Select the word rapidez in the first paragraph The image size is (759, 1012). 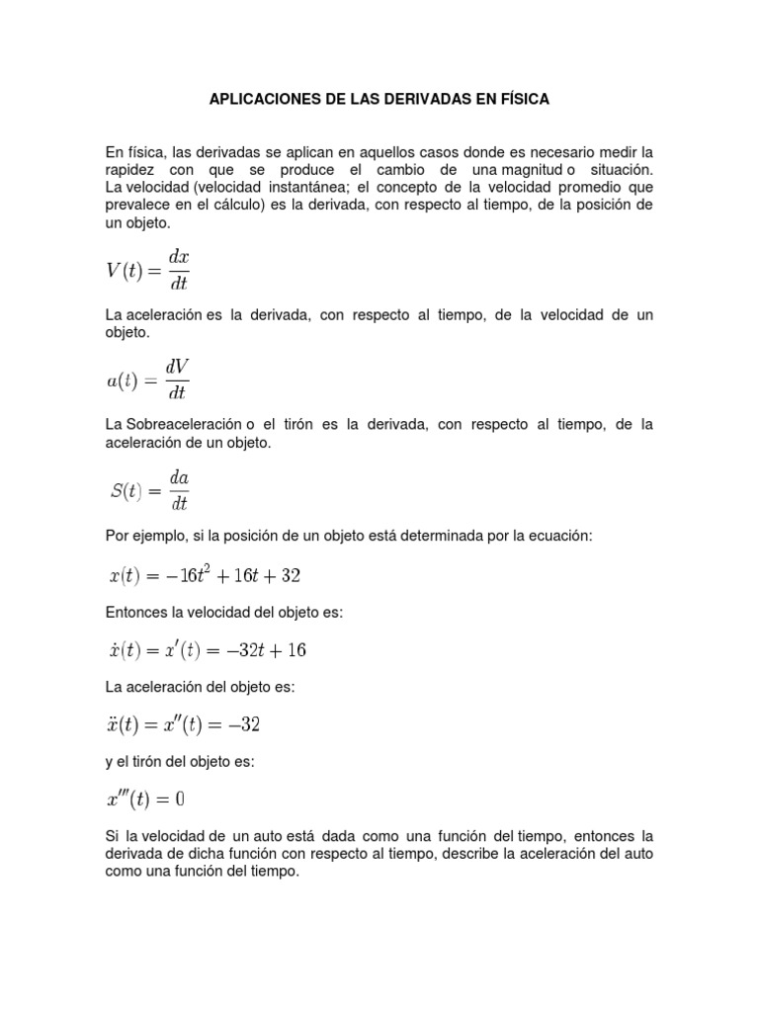(131, 170)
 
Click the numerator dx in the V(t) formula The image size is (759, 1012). (178, 256)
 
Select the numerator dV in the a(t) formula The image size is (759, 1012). (177, 366)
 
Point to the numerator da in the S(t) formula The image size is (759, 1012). (178, 477)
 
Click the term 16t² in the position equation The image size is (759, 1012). (206, 574)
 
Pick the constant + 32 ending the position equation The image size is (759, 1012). (299, 575)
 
